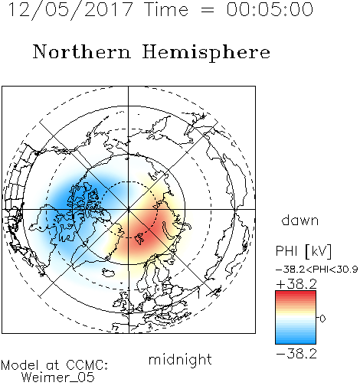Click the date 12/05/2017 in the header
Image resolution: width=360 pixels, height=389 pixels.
[x=70, y=10]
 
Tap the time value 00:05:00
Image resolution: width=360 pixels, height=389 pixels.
[x=270, y=9]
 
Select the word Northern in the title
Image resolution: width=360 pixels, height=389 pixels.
[x=82, y=51]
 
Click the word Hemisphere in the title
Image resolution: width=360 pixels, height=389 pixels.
[x=206, y=53]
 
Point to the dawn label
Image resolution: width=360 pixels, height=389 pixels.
[x=300, y=220]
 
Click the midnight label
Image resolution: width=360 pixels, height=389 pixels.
[x=180, y=359]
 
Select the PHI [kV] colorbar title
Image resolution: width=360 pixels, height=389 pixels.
[x=303, y=251]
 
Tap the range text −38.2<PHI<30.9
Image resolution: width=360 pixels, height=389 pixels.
[x=316, y=270]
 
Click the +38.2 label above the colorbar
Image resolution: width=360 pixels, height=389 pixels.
[x=296, y=284]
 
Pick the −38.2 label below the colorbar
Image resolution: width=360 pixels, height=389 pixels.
[x=296, y=354]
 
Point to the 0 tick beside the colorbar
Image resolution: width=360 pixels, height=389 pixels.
[x=322, y=319]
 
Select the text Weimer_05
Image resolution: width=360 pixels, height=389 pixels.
[x=58, y=378]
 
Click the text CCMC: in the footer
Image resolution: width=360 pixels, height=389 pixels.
[x=87, y=365]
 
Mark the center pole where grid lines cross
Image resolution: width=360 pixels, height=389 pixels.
[x=129, y=209]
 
